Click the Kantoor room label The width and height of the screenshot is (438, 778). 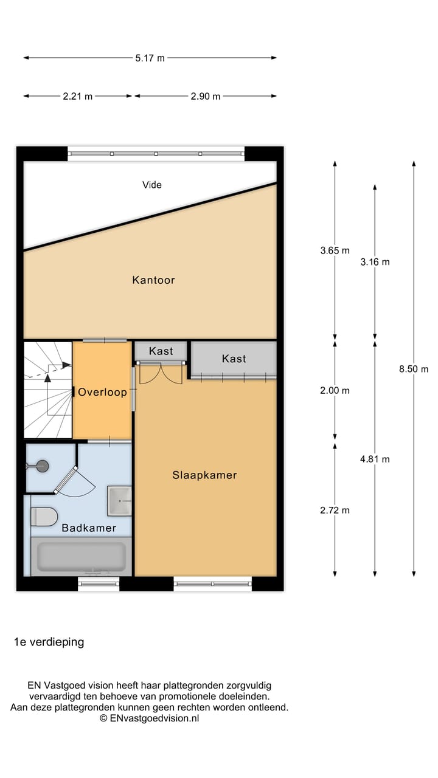point(153,280)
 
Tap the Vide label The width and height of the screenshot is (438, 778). point(152,185)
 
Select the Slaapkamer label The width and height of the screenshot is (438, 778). point(204,475)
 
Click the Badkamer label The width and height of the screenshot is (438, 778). point(89,528)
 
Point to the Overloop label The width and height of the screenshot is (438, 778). point(102,393)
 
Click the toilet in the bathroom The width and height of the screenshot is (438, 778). point(44,517)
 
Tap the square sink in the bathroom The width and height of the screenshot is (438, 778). point(119,501)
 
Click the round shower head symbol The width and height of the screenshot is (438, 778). point(42,466)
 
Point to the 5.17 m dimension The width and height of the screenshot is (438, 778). point(150,58)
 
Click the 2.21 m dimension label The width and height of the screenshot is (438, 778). point(78,96)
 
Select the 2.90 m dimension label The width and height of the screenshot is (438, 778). point(206,96)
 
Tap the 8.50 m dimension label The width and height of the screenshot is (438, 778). point(414,369)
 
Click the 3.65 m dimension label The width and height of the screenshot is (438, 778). point(335,250)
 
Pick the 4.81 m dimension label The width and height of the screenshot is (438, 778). point(375,460)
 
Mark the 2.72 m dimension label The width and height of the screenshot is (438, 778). point(335,511)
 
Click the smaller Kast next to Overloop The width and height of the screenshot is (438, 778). point(161,351)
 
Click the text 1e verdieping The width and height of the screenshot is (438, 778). point(49,642)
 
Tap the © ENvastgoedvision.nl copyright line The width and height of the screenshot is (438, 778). point(150,718)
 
